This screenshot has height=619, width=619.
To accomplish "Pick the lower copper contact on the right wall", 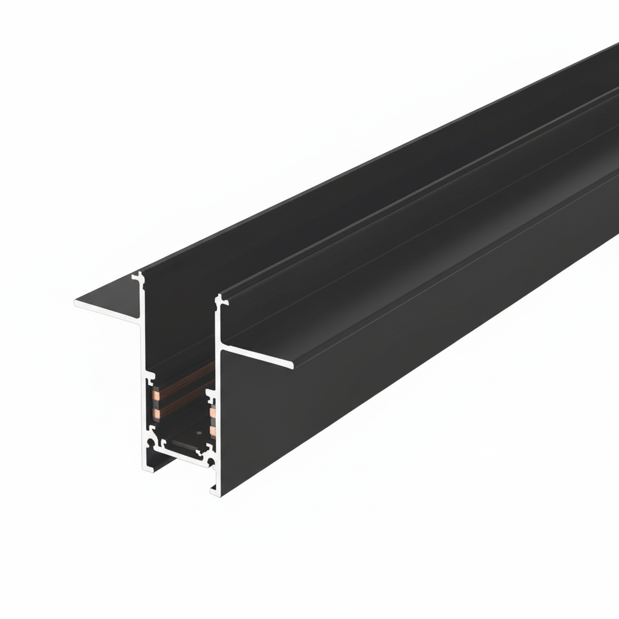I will (x=213, y=430).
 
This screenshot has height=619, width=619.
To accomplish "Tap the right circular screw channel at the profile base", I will (x=211, y=462).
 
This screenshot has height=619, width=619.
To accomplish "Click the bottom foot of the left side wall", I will (x=147, y=467).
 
